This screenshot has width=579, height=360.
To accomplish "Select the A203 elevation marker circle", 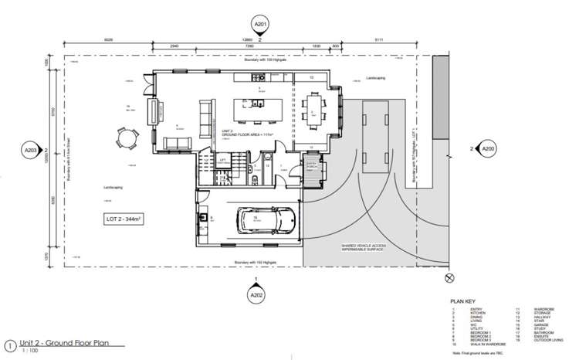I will point(32,149).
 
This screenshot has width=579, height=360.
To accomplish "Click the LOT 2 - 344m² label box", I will point(122,220).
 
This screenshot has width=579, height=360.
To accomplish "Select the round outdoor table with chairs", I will point(124,139).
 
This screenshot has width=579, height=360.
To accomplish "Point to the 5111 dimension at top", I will point(378,39).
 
